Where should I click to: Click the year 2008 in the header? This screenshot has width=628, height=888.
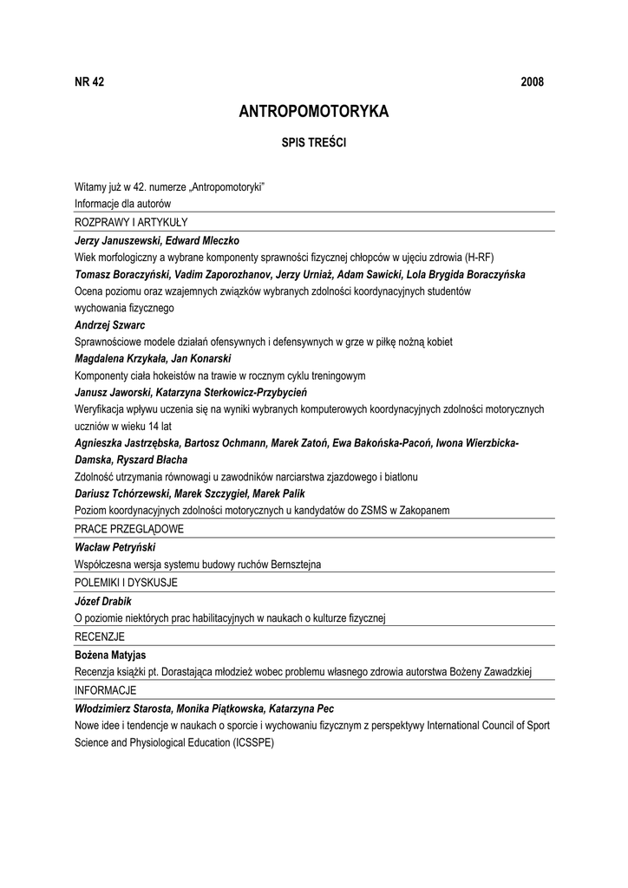pos(532,82)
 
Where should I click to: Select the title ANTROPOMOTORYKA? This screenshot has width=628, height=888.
pos(314,112)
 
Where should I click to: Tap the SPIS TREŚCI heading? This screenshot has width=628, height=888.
pos(314,142)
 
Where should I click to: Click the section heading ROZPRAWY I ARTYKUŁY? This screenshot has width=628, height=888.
pos(131,223)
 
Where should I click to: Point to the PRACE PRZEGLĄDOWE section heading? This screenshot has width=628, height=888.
pos(129,529)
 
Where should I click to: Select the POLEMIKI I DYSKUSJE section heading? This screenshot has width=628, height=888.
pos(126,583)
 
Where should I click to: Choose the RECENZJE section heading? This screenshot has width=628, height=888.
pos(100,637)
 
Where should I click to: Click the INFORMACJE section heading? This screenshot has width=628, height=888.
pos(106,690)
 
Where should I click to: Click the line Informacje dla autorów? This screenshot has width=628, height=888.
pos(122,204)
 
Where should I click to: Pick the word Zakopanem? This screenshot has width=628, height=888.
pos(421,511)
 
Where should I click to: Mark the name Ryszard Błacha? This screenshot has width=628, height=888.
pos(157,460)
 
